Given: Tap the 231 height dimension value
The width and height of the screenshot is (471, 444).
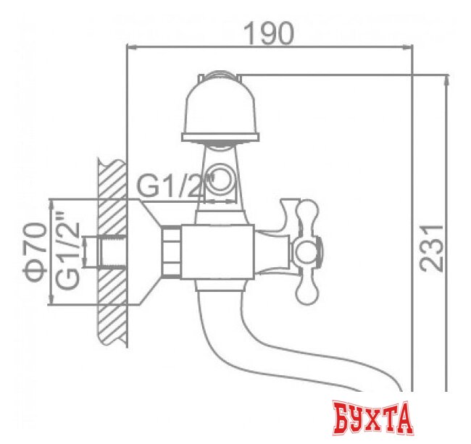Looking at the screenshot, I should tap(433, 247).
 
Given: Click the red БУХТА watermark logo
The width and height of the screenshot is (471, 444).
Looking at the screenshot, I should tap(372, 418).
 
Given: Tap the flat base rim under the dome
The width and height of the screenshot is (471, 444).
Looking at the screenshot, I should tap(220, 136).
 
